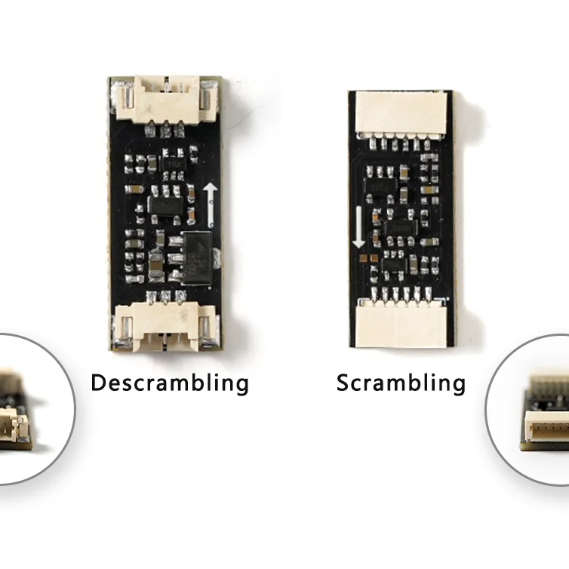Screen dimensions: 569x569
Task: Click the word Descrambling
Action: tap(170, 383)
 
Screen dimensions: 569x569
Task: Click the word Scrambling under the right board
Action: tap(401, 383)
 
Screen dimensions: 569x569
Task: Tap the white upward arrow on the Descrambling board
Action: tap(210, 205)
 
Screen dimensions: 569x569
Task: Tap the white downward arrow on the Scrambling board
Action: tap(359, 227)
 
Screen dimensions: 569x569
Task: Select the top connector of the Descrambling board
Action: tap(165, 100)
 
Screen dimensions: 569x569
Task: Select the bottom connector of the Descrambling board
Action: tap(165, 328)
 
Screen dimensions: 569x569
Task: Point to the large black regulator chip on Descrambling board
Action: tap(198, 257)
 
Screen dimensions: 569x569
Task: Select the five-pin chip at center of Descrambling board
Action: tap(165, 206)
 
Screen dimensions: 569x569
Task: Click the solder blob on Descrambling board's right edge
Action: tap(217, 258)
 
